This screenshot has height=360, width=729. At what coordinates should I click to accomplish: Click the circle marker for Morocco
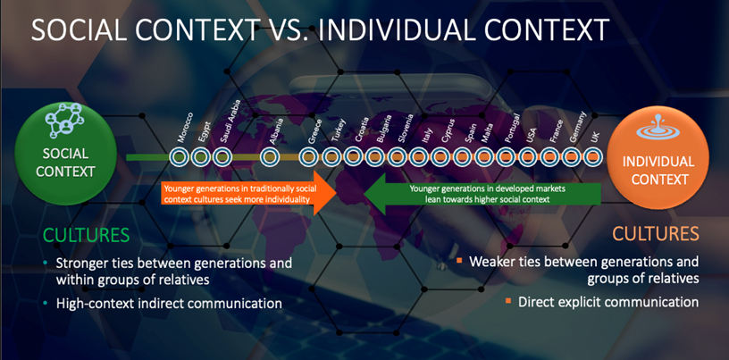[x=179, y=157]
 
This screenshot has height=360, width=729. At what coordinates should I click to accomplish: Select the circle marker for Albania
[x=270, y=157]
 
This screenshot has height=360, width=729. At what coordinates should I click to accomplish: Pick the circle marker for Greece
[x=309, y=157]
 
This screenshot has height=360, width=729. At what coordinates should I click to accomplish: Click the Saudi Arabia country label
[x=230, y=121]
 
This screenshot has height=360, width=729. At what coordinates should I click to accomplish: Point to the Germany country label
[x=577, y=127]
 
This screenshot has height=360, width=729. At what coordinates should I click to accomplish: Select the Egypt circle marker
[x=200, y=157]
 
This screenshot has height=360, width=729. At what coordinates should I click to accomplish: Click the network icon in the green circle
[x=64, y=121]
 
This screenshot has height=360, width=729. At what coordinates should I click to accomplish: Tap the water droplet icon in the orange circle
[x=658, y=129]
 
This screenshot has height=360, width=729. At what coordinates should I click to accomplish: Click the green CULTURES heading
[x=86, y=235]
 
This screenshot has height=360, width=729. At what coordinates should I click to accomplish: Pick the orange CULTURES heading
[x=656, y=233]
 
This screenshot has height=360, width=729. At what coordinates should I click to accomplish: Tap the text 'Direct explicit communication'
[x=608, y=302]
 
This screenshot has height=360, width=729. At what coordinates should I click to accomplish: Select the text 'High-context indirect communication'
[x=169, y=304]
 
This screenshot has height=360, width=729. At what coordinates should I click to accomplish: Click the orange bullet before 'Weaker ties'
[x=459, y=260]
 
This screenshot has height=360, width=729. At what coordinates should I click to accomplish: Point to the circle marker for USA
[x=528, y=157]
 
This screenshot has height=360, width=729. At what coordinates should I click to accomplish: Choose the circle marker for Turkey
[x=331, y=157]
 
